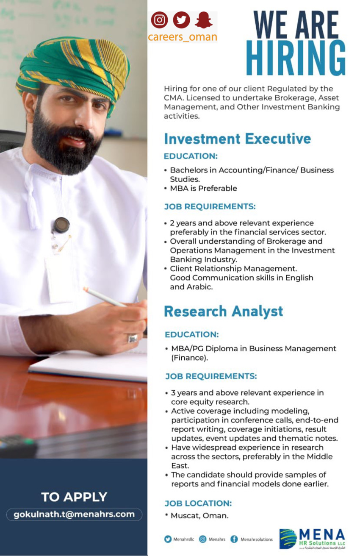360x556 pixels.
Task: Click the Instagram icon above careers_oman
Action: [160, 20]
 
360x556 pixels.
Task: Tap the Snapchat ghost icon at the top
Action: [203, 20]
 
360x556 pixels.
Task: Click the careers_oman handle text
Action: [182, 37]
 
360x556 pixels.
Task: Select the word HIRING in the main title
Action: [296, 58]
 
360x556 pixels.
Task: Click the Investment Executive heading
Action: [237, 139]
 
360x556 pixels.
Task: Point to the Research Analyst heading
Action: [223, 311]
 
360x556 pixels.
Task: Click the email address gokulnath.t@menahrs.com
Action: [74, 514]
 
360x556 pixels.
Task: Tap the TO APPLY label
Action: [74, 497]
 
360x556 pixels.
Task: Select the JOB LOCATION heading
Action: [198, 503]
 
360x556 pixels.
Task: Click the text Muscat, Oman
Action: [199, 516]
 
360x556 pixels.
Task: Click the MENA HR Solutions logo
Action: [312, 539]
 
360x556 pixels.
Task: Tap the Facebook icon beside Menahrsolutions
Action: [234, 539]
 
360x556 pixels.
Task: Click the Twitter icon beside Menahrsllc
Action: [168, 539]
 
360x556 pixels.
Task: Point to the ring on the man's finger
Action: [133, 338]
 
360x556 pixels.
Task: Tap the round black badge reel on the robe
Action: [61, 225]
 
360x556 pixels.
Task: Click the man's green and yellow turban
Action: [74, 64]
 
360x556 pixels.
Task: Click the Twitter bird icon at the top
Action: [181, 20]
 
